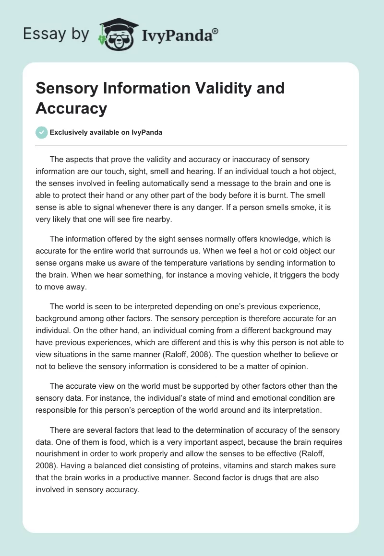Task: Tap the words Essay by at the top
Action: (x=56, y=34)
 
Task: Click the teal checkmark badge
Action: (x=42, y=133)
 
